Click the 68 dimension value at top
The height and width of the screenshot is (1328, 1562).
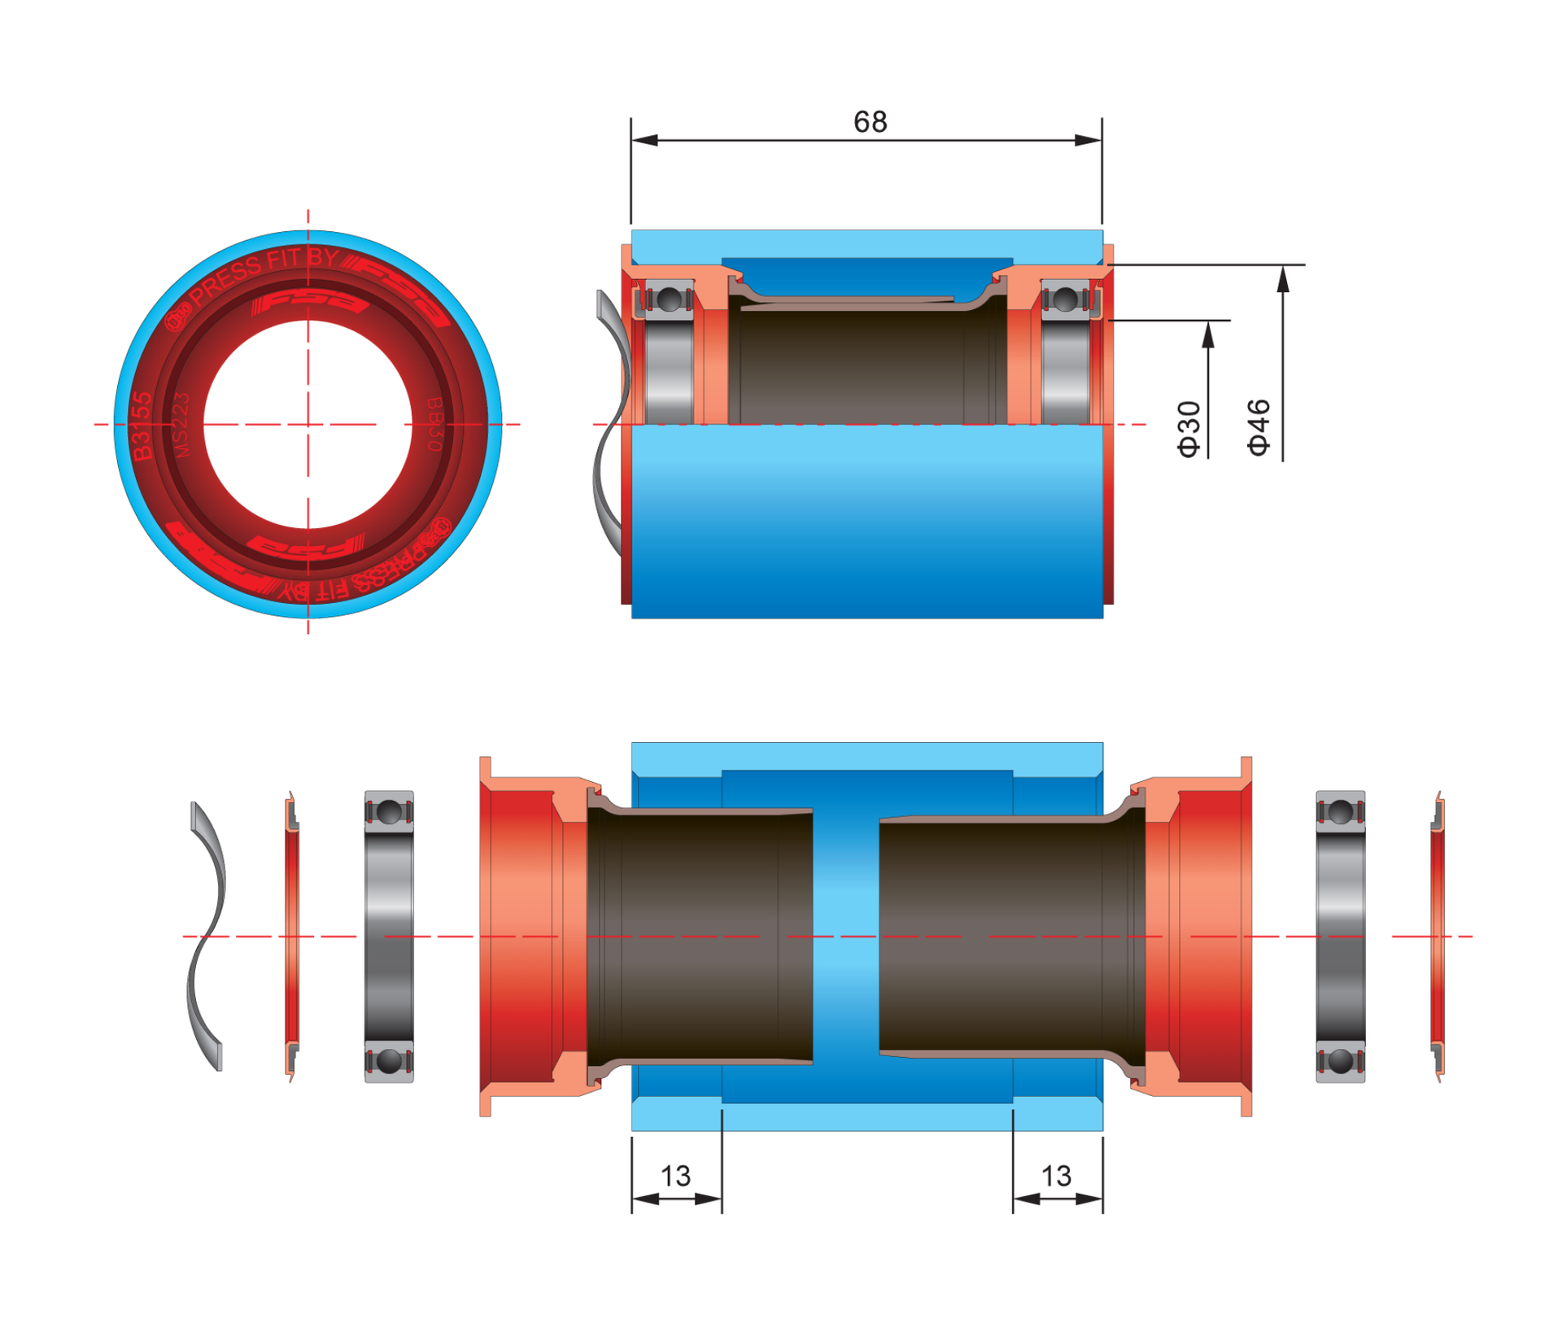[870, 122]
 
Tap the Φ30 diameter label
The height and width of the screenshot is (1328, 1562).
[1189, 429]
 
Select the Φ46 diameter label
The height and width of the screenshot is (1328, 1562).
[1258, 427]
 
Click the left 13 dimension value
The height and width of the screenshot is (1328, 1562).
[675, 1176]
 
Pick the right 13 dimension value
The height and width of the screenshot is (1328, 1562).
[1056, 1176]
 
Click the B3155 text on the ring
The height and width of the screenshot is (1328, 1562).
[142, 426]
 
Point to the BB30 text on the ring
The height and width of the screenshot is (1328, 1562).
[434, 424]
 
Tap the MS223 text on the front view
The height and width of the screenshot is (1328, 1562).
[181, 425]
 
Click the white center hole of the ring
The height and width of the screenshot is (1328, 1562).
[308, 423]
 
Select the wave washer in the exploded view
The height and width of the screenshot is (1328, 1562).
[205, 936]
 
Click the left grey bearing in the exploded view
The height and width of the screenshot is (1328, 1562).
[389, 936]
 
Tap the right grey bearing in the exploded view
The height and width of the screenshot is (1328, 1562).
[1340, 936]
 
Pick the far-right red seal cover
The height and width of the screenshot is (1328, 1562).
[1438, 936]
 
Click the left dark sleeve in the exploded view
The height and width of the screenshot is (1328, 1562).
[700, 936]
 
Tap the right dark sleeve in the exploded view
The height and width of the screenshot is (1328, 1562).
[1009, 936]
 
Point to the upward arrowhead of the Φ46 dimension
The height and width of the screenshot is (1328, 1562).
[1283, 279]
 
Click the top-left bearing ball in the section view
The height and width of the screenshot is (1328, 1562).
[669, 299]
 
